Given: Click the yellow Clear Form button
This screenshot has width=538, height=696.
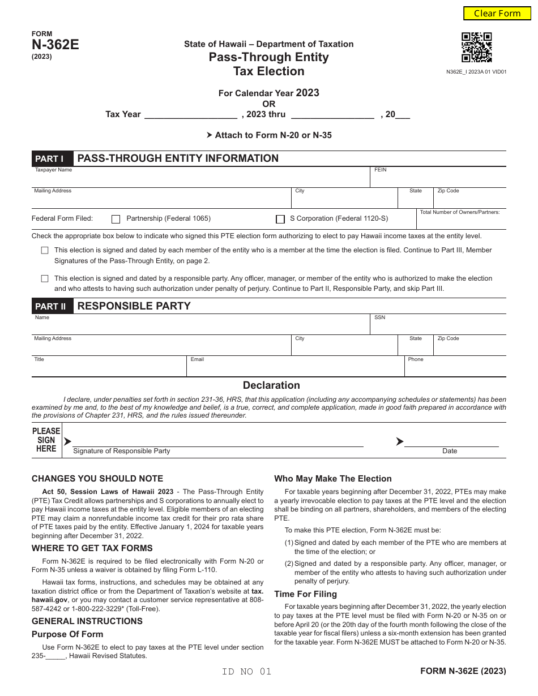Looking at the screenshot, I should click(x=497, y=14).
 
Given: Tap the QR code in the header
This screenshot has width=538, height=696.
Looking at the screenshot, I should click(x=476, y=48).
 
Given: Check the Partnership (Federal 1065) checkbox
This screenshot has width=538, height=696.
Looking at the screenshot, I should click(x=116, y=219).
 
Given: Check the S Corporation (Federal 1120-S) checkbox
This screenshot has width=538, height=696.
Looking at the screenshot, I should click(x=280, y=219).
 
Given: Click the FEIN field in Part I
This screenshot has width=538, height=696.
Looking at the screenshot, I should click(x=438, y=179).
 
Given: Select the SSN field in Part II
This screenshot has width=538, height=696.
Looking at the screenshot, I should click(x=438, y=326).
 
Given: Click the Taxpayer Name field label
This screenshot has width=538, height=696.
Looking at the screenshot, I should click(x=54, y=170).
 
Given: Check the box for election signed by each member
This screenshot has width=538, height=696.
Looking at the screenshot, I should click(x=45, y=250).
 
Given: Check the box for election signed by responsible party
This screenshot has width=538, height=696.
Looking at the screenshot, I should click(x=45, y=278).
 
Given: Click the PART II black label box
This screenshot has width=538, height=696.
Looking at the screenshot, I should click(x=51, y=306).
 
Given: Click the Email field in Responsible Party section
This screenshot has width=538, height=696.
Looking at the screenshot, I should click(x=294, y=368).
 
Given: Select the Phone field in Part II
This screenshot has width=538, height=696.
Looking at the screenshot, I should click(x=455, y=368).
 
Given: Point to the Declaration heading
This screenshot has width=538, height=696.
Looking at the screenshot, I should click(x=271, y=385).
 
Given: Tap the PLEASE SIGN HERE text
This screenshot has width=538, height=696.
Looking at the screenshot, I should click(x=46, y=440).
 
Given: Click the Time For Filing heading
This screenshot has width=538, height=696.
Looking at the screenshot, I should click(x=305, y=594).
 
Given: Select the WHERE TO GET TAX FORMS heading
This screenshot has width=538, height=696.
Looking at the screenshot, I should click(x=92, y=548).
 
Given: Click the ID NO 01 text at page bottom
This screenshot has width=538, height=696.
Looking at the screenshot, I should click(x=247, y=672).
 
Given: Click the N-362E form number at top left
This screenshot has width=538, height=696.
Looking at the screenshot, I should click(x=55, y=45).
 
